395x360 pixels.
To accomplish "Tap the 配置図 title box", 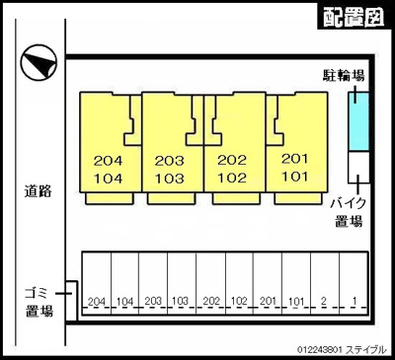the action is click(x=353, y=17).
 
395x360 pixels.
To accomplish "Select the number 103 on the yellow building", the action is click(x=170, y=178).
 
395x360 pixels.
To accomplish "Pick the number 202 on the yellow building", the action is click(x=231, y=160).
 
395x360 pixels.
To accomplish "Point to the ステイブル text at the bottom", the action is click(x=366, y=349).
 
